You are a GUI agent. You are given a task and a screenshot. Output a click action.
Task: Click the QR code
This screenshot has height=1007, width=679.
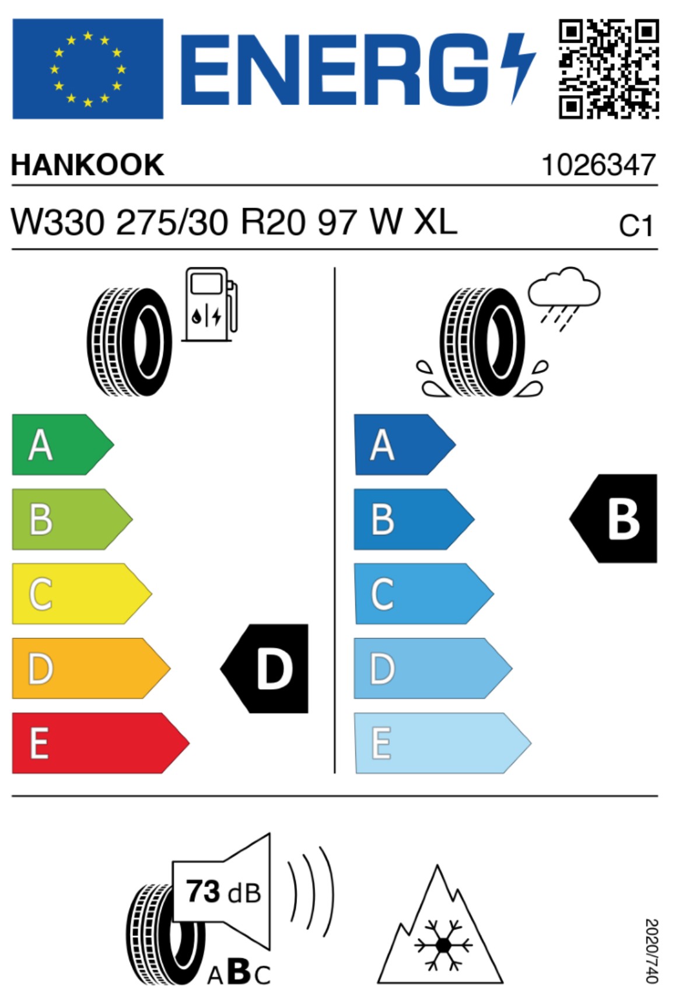609,69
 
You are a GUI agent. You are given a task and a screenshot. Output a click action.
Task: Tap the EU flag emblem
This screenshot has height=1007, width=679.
87,69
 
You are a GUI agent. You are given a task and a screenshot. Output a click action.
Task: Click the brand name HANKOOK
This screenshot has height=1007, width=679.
87,165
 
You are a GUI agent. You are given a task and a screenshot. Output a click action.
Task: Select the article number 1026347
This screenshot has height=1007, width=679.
599,165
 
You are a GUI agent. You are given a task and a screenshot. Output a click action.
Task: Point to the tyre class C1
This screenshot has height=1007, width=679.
636,226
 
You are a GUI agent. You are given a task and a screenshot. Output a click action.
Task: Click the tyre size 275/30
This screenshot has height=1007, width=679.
172,223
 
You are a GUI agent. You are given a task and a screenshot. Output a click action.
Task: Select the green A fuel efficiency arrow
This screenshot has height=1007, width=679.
63,445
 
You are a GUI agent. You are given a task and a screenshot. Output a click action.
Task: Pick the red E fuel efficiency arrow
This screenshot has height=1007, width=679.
100,743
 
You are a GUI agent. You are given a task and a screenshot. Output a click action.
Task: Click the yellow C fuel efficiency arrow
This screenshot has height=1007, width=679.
82,593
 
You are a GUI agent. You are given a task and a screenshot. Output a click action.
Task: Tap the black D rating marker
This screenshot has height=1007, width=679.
264,669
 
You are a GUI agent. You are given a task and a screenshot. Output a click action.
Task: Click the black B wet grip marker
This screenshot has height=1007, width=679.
613,519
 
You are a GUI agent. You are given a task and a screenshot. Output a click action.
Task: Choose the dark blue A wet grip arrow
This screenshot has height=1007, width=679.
405,445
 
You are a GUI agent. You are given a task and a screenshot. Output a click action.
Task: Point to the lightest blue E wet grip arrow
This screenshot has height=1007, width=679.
443,743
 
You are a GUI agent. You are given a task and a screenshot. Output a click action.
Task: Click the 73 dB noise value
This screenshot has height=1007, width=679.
223,891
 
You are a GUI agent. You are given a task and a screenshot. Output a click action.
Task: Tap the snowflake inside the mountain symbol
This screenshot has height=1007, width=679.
443,945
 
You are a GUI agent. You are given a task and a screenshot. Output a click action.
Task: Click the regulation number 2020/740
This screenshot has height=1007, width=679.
652,950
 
